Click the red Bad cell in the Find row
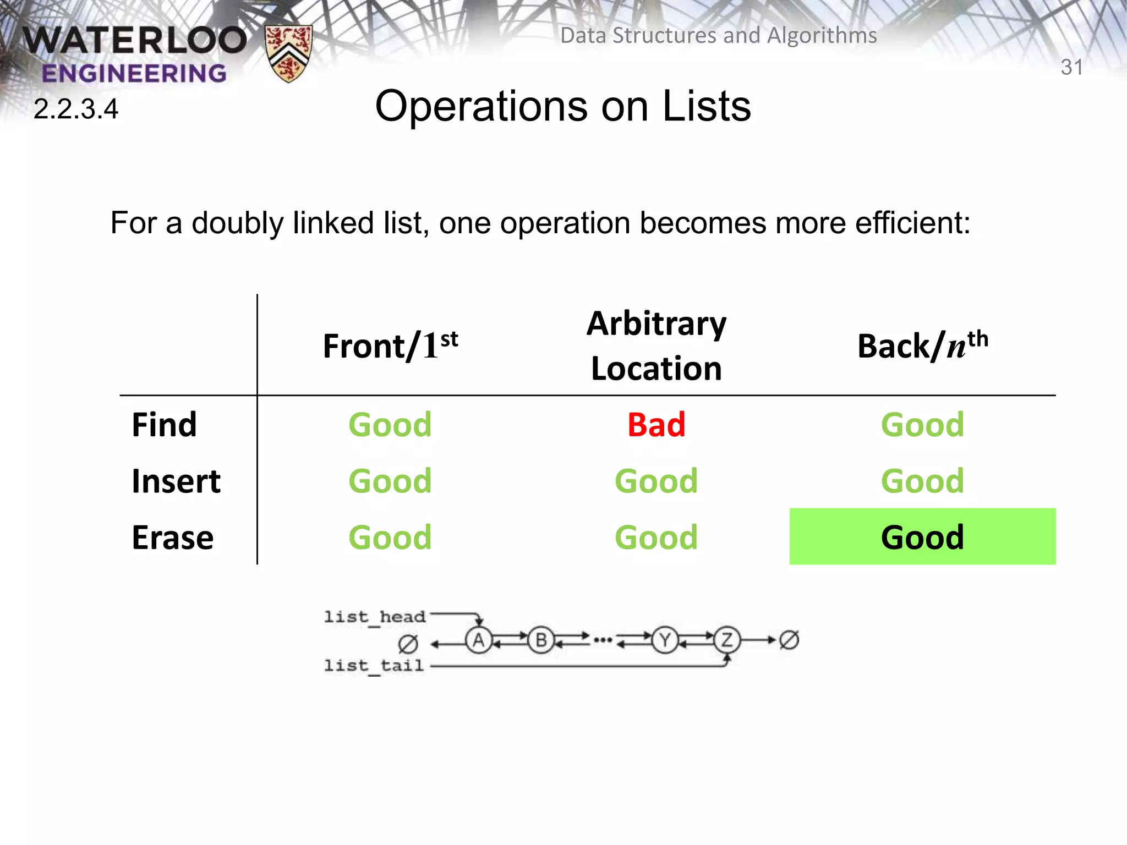(x=656, y=425)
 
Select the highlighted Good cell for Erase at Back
(x=922, y=537)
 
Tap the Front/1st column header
(x=390, y=345)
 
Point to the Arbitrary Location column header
(x=656, y=345)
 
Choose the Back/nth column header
(x=923, y=345)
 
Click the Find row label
(x=164, y=425)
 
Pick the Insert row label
(x=176, y=481)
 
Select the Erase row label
(x=173, y=537)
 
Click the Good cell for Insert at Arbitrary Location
(x=656, y=481)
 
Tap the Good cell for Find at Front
(x=390, y=425)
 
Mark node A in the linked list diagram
(x=479, y=640)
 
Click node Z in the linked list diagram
(x=727, y=640)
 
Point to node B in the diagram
(x=541, y=640)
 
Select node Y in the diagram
(x=665, y=640)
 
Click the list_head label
(x=375, y=617)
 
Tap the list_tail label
(x=374, y=666)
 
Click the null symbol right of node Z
(x=789, y=640)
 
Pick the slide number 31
(x=1071, y=67)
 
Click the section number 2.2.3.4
(x=76, y=109)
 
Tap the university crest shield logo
(x=288, y=53)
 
